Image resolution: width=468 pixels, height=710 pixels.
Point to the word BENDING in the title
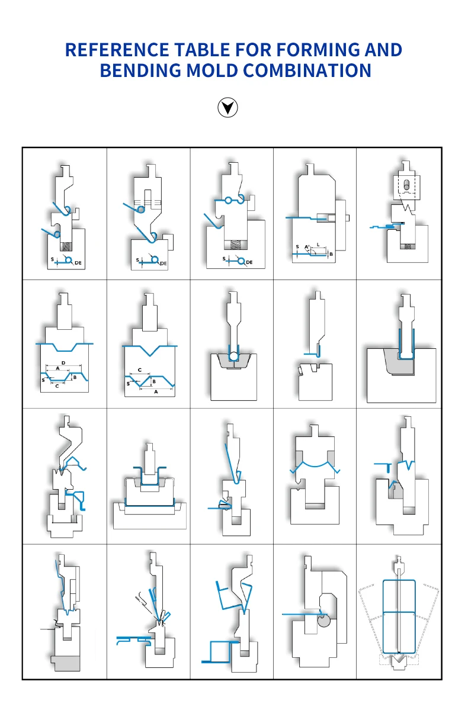tap(140, 71)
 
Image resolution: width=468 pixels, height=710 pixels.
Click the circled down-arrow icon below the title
tap(228, 108)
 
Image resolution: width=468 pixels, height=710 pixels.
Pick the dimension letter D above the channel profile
tap(63, 362)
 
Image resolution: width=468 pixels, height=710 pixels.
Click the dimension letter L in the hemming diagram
tap(318, 245)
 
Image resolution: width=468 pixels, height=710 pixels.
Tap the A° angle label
tap(307, 246)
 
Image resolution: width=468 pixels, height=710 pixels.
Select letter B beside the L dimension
tap(331, 254)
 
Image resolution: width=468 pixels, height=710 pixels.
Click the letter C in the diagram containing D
tap(57, 385)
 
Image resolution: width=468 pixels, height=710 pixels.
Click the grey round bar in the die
tap(323, 621)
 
